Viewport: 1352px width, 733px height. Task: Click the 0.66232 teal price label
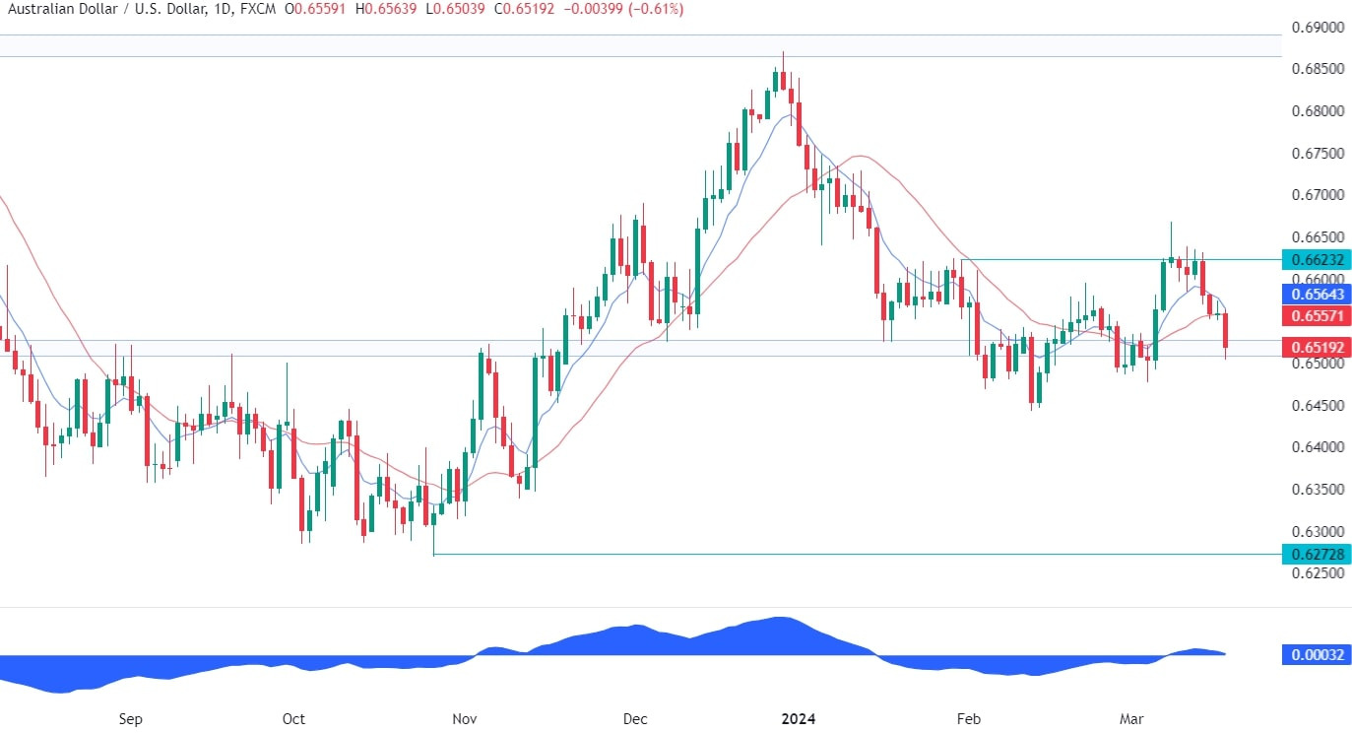click(x=1316, y=259)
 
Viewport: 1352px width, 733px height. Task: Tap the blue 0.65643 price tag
click(x=1316, y=295)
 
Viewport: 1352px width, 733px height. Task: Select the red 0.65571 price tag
click(x=1316, y=315)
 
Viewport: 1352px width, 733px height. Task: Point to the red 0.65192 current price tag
click(x=1316, y=347)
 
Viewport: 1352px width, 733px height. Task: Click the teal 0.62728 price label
click(x=1316, y=554)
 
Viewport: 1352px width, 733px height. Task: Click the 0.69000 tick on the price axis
click(x=1316, y=28)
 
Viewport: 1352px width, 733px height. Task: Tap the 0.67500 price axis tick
click(x=1316, y=154)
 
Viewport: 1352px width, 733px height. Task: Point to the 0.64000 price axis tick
click(x=1316, y=447)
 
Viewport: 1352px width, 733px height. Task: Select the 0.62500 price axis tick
click(x=1316, y=573)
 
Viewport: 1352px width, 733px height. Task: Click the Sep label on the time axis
click(x=130, y=719)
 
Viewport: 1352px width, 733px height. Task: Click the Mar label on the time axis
click(x=1131, y=719)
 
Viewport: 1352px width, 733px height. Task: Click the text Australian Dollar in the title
click(x=50, y=9)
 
